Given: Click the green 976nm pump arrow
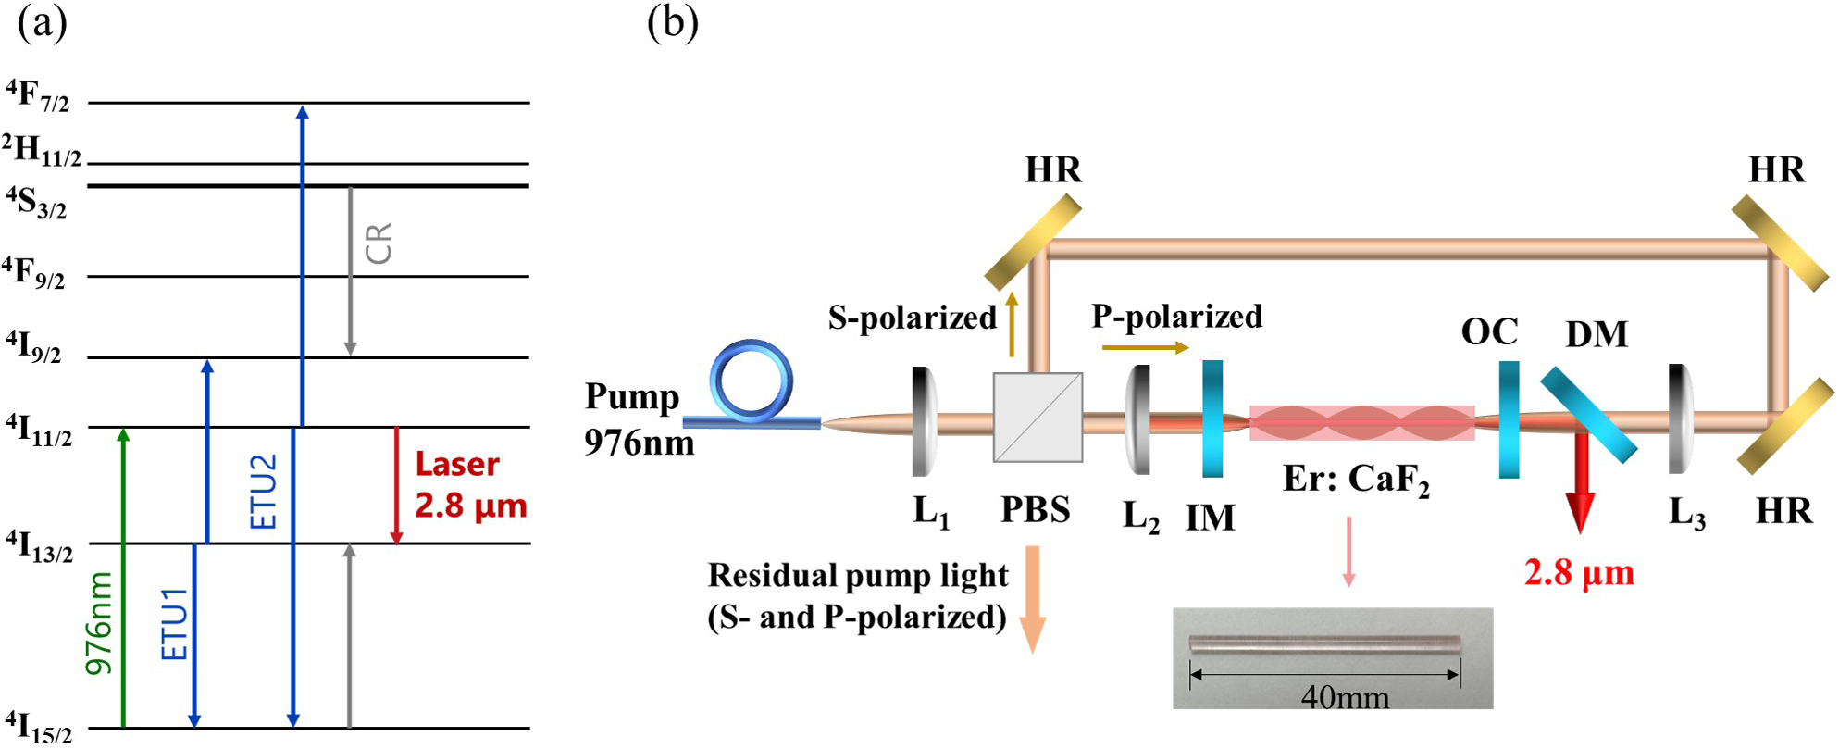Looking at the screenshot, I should pyautogui.click(x=124, y=574).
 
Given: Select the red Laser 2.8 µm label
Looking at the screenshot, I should pyautogui.click(x=469, y=484).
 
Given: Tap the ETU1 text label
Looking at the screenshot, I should pyautogui.click(x=174, y=623).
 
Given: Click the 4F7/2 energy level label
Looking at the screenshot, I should pyautogui.click(x=38, y=96).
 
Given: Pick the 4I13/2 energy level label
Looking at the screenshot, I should pyautogui.click(x=39, y=545).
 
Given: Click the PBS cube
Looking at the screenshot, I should pyautogui.click(x=1038, y=417).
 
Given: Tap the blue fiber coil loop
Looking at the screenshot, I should pyautogui.click(x=752, y=380).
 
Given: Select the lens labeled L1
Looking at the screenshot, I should pyautogui.click(x=924, y=421).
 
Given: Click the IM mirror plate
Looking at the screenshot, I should pyautogui.click(x=1212, y=418).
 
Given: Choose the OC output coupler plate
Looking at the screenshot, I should pyautogui.click(x=1509, y=419).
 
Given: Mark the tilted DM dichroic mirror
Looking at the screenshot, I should pyautogui.click(x=1588, y=415).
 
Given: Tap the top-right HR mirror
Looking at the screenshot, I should pyautogui.click(x=1779, y=243).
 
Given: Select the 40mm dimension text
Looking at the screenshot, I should pyautogui.click(x=1345, y=696).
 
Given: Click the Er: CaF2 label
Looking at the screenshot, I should pyautogui.click(x=1356, y=480).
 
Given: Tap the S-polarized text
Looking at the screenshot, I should pyautogui.click(x=912, y=318).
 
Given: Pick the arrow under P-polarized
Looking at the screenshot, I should pyautogui.click(x=1145, y=347).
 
